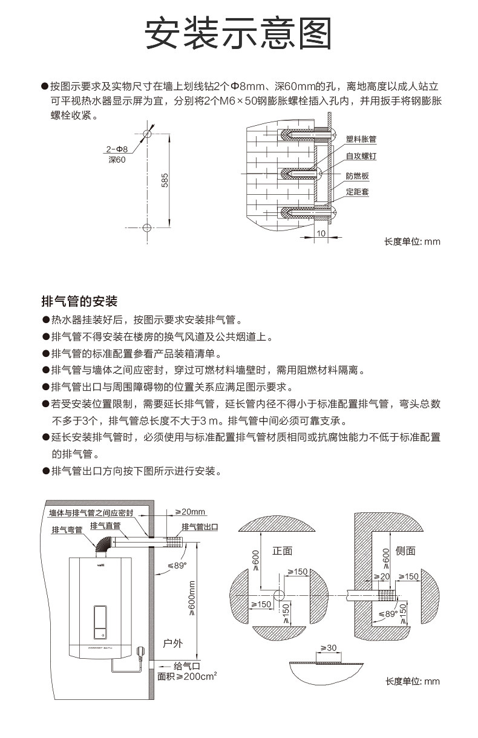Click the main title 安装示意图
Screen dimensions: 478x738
pos(238,33)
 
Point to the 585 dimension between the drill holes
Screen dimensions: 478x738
pos(165,180)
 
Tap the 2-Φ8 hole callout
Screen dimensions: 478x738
pos(117,148)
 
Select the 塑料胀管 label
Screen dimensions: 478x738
pos(361,139)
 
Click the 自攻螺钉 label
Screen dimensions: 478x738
pos(361,156)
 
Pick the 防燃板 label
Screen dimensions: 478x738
pos(357,176)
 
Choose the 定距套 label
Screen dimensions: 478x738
pos(357,192)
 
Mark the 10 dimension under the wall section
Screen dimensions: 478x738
pos(321,233)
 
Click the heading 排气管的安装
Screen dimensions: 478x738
pos(79,301)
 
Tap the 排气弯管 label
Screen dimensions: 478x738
pos(67,531)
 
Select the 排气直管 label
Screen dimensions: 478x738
pos(105,526)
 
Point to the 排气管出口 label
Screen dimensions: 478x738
pos(200,527)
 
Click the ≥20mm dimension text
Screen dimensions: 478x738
pos(191,512)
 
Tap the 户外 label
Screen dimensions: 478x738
pos(173,643)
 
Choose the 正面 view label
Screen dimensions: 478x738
pos(282,550)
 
